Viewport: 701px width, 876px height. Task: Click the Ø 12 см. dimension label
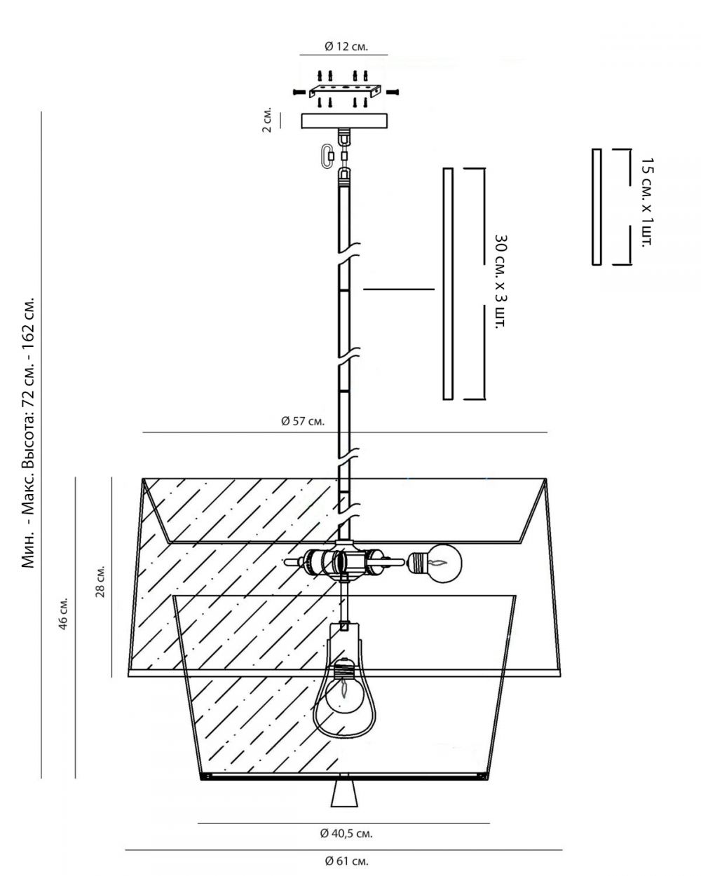click(x=346, y=46)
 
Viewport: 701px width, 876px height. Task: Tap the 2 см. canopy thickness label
click(x=267, y=121)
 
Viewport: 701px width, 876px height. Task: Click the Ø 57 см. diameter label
click(x=302, y=422)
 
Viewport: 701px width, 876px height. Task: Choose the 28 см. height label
click(x=101, y=578)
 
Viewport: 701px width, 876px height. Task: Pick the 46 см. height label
click(x=64, y=614)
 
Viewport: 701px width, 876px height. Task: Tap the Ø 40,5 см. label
click(x=346, y=833)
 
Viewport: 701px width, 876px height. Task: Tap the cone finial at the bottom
click(x=343, y=792)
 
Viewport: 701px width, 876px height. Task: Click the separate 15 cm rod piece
click(x=597, y=207)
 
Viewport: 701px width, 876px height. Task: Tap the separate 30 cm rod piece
click(x=448, y=283)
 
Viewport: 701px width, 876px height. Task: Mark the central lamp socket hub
click(x=343, y=561)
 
